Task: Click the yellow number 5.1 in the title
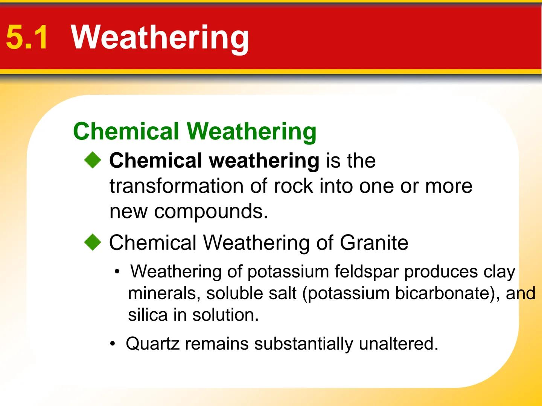coord(27,37)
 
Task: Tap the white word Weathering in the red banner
coord(160,37)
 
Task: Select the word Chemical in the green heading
coord(126,131)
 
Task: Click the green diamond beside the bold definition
coord(93,161)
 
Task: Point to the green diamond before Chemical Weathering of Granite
coord(93,242)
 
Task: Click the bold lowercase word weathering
coord(264,161)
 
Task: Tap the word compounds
coord(211,212)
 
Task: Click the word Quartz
coord(152,344)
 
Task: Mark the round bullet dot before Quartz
coord(113,344)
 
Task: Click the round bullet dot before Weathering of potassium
coord(118,271)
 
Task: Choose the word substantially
coord(303,344)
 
